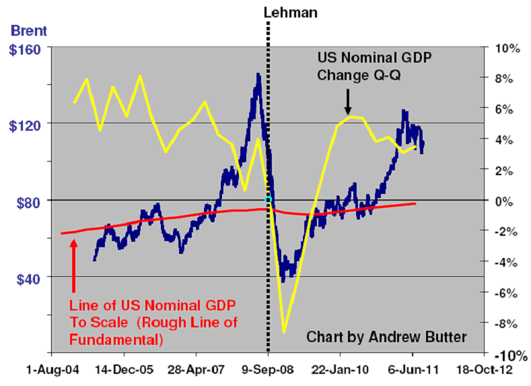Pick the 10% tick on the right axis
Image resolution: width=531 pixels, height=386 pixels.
(507, 49)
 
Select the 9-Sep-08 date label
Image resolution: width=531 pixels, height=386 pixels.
(268, 369)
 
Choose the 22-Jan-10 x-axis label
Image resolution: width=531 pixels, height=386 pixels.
(340, 369)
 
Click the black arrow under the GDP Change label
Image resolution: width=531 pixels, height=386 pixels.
(348, 101)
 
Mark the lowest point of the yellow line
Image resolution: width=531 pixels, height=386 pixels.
(284, 332)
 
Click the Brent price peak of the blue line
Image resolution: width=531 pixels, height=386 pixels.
(258, 74)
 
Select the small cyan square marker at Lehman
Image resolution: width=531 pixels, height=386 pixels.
(268, 200)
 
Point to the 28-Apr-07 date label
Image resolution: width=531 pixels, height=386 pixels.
(195, 369)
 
